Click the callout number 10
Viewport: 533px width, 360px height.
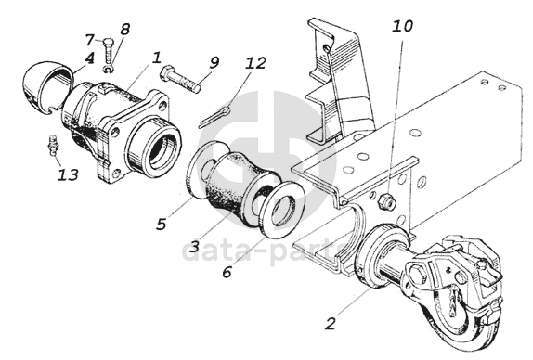point(403,26)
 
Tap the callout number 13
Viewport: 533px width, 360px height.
point(68,174)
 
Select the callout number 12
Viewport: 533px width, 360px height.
point(256,63)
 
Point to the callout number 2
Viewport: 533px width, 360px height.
point(331,324)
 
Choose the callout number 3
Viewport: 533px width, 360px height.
point(194,246)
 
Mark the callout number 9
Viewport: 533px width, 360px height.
point(214,62)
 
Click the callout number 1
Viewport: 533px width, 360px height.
point(156,58)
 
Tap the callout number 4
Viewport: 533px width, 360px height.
point(89,58)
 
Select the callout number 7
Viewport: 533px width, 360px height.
point(89,40)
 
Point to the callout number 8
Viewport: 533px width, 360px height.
point(124,29)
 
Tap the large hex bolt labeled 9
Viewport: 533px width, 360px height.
point(180,79)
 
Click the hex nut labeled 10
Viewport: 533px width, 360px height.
point(387,200)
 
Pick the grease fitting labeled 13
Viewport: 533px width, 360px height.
point(53,146)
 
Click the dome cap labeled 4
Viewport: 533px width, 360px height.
point(47,87)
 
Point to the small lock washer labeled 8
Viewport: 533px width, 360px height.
point(109,70)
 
